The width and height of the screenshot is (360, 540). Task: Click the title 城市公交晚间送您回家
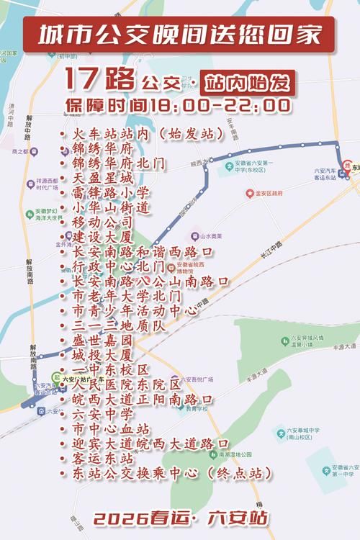(x=179, y=35)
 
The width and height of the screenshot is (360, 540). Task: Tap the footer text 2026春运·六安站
(x=181, y=518)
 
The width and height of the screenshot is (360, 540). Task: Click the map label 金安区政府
(x=268, y=193)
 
